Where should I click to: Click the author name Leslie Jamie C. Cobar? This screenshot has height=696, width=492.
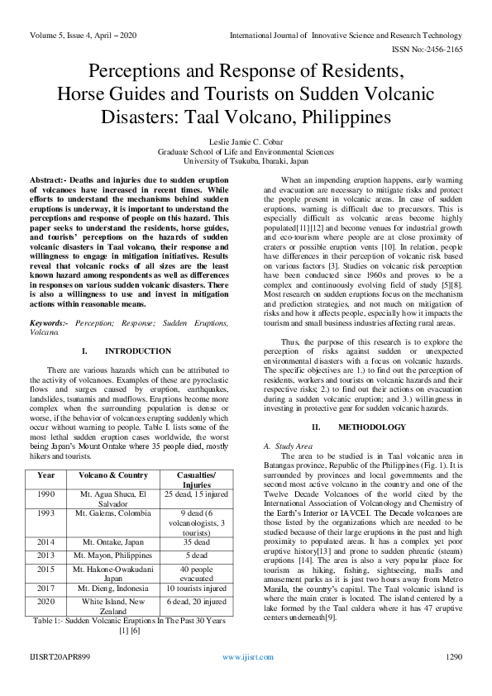246,142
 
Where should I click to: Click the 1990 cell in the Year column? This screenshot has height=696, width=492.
46,493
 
